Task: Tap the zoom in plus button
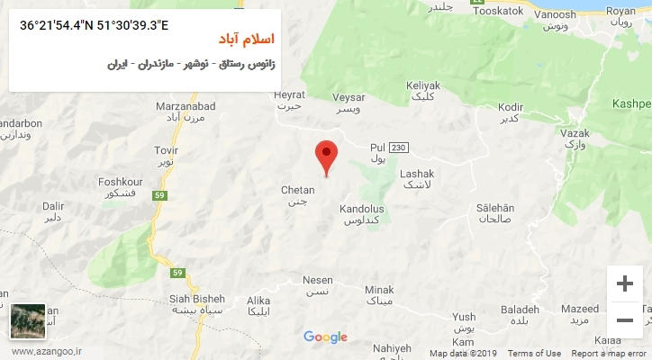pyautogui.click(x=624, y=284)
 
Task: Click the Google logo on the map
pyautogui.click(x=325, y=337)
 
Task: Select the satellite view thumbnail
pyautogui.click(x=27, y=320)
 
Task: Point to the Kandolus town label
pyautogui.click(x=362, y=209)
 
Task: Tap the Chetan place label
pyautogui.click(x=298, y=190)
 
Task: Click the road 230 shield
pyautogui.click(x=400, y=148)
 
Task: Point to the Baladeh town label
pyautogui.click(x=520, y=310)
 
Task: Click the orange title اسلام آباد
pyautogui.click(x=248, y=41)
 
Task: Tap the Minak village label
pyautogui.click(x=379, y=290)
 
